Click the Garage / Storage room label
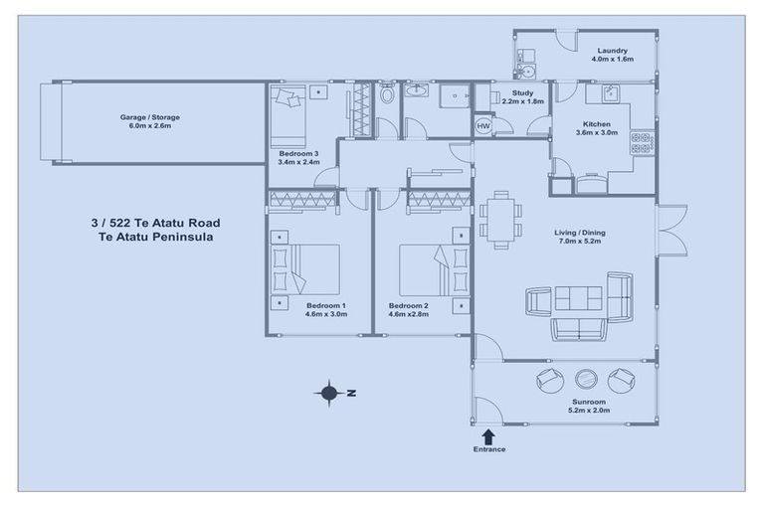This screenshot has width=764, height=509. [x=150, y=121]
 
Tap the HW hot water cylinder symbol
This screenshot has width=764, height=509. [x=483, y=127]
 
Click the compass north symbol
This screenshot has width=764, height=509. [x=329, y=393]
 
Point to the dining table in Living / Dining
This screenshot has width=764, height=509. [x=498, y=219]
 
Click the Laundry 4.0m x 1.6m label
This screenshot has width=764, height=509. [x=612, y=55]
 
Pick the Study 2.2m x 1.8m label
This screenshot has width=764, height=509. [x=522, y=96]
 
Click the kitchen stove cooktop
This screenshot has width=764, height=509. [x=642, y=142]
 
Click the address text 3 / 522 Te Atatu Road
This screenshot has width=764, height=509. [x=154, y=224]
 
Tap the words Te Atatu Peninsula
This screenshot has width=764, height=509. [x=154, y=239]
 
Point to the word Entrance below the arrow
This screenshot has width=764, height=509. [x=488, y=449]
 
